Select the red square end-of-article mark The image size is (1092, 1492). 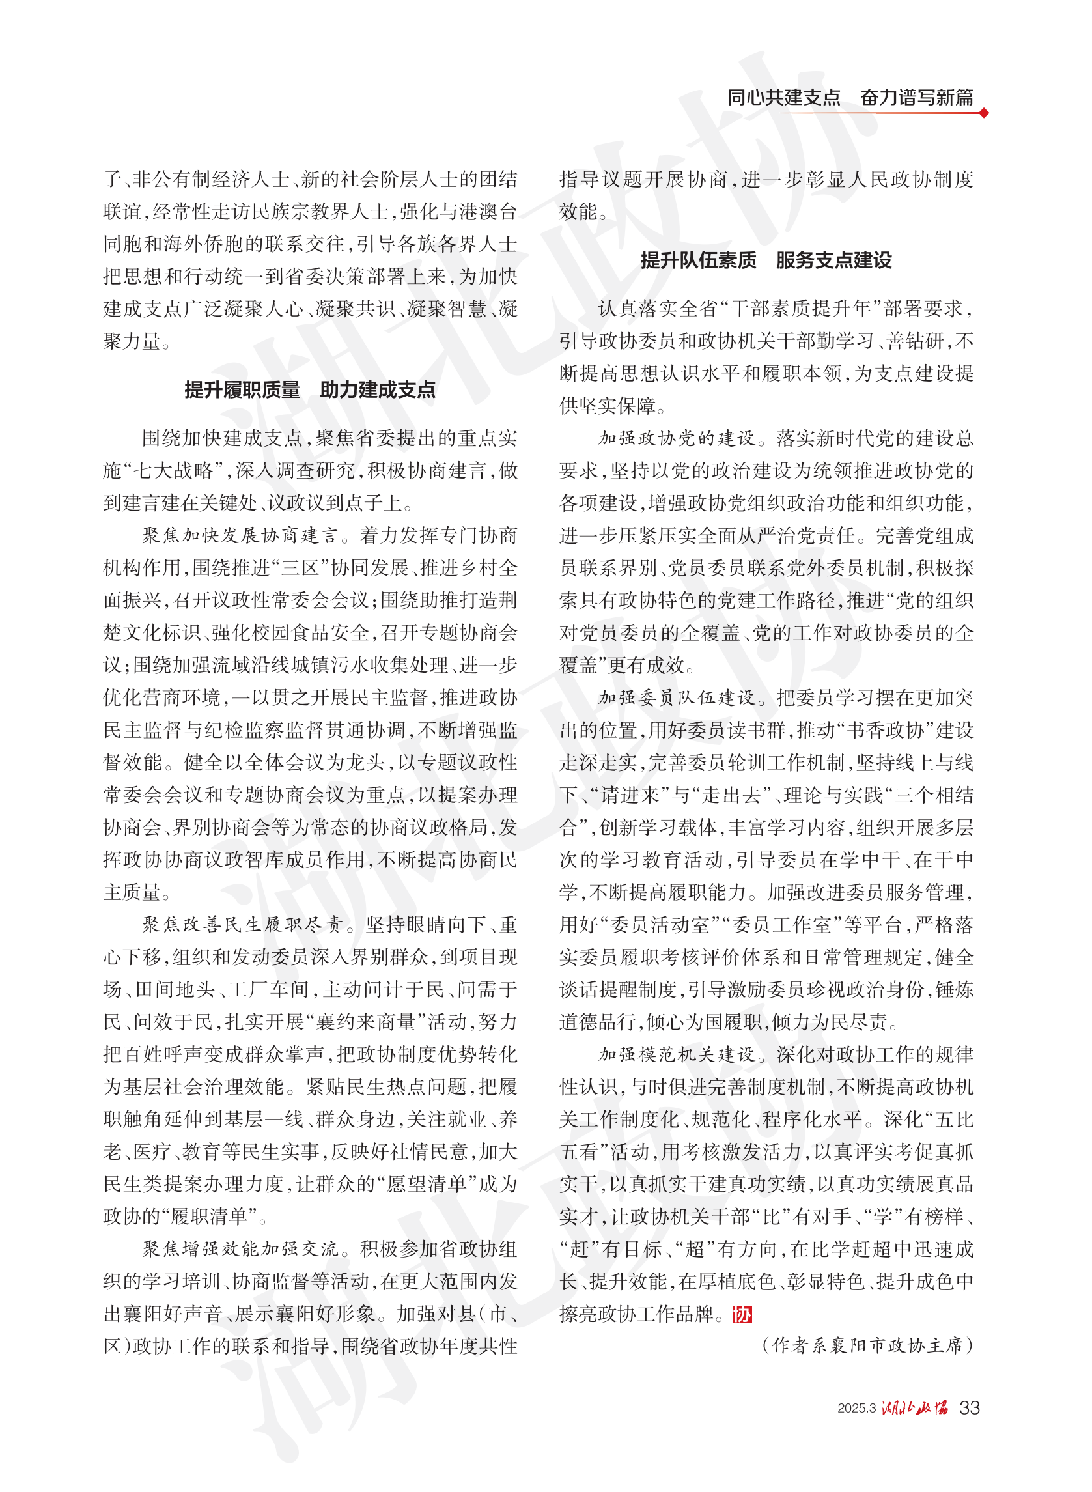742,1314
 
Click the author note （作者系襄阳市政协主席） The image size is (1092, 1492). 867,1345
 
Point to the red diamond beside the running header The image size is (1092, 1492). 984,113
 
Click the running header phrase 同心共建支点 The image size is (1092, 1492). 783,98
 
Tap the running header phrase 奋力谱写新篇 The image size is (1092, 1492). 916,98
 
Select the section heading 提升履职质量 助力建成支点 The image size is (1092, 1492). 309,390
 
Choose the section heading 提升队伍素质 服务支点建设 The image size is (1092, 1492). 766,260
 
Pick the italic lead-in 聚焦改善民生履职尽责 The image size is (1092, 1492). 242,925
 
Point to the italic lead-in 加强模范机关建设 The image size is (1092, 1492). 676,1054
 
